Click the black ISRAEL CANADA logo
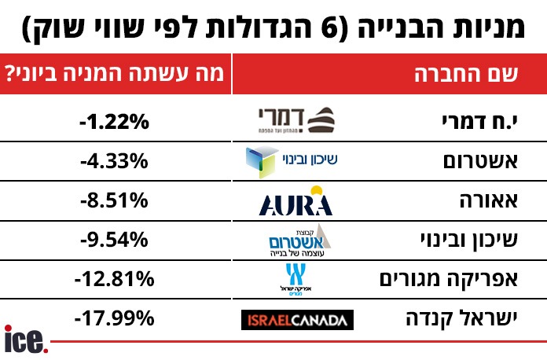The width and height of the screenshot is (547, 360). [296, 320]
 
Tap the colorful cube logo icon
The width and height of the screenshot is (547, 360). [261, 161]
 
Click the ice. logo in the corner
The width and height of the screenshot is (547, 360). [26, 340]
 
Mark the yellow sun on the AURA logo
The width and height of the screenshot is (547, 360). [317, 191]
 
